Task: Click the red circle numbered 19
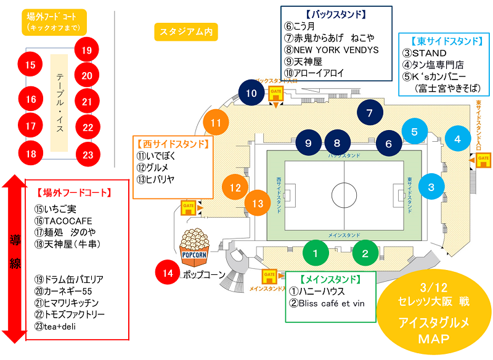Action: point(86,50)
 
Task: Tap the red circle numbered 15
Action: point(30,63)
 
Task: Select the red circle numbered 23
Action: point(88,154)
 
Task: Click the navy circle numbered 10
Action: point(251,94)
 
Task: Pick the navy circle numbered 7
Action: point(370,113)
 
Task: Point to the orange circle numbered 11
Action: point(216,123)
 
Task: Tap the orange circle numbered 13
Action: point(258,203)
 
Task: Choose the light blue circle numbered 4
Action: point(458,139)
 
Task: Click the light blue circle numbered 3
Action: point(431,187)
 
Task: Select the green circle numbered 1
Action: point(316,253)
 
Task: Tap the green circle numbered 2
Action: point(365,253)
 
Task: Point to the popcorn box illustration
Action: point(194,245)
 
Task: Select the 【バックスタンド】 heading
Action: point(336,14)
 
